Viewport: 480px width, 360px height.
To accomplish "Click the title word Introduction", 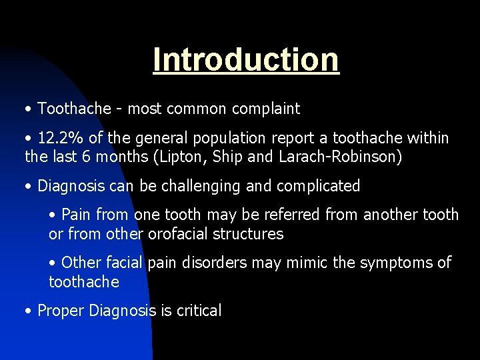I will (246, 59).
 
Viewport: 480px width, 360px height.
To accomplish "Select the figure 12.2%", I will (61, 139).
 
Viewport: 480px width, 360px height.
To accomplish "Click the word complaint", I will (265, 109).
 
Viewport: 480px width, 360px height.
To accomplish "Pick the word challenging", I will (201, 186).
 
